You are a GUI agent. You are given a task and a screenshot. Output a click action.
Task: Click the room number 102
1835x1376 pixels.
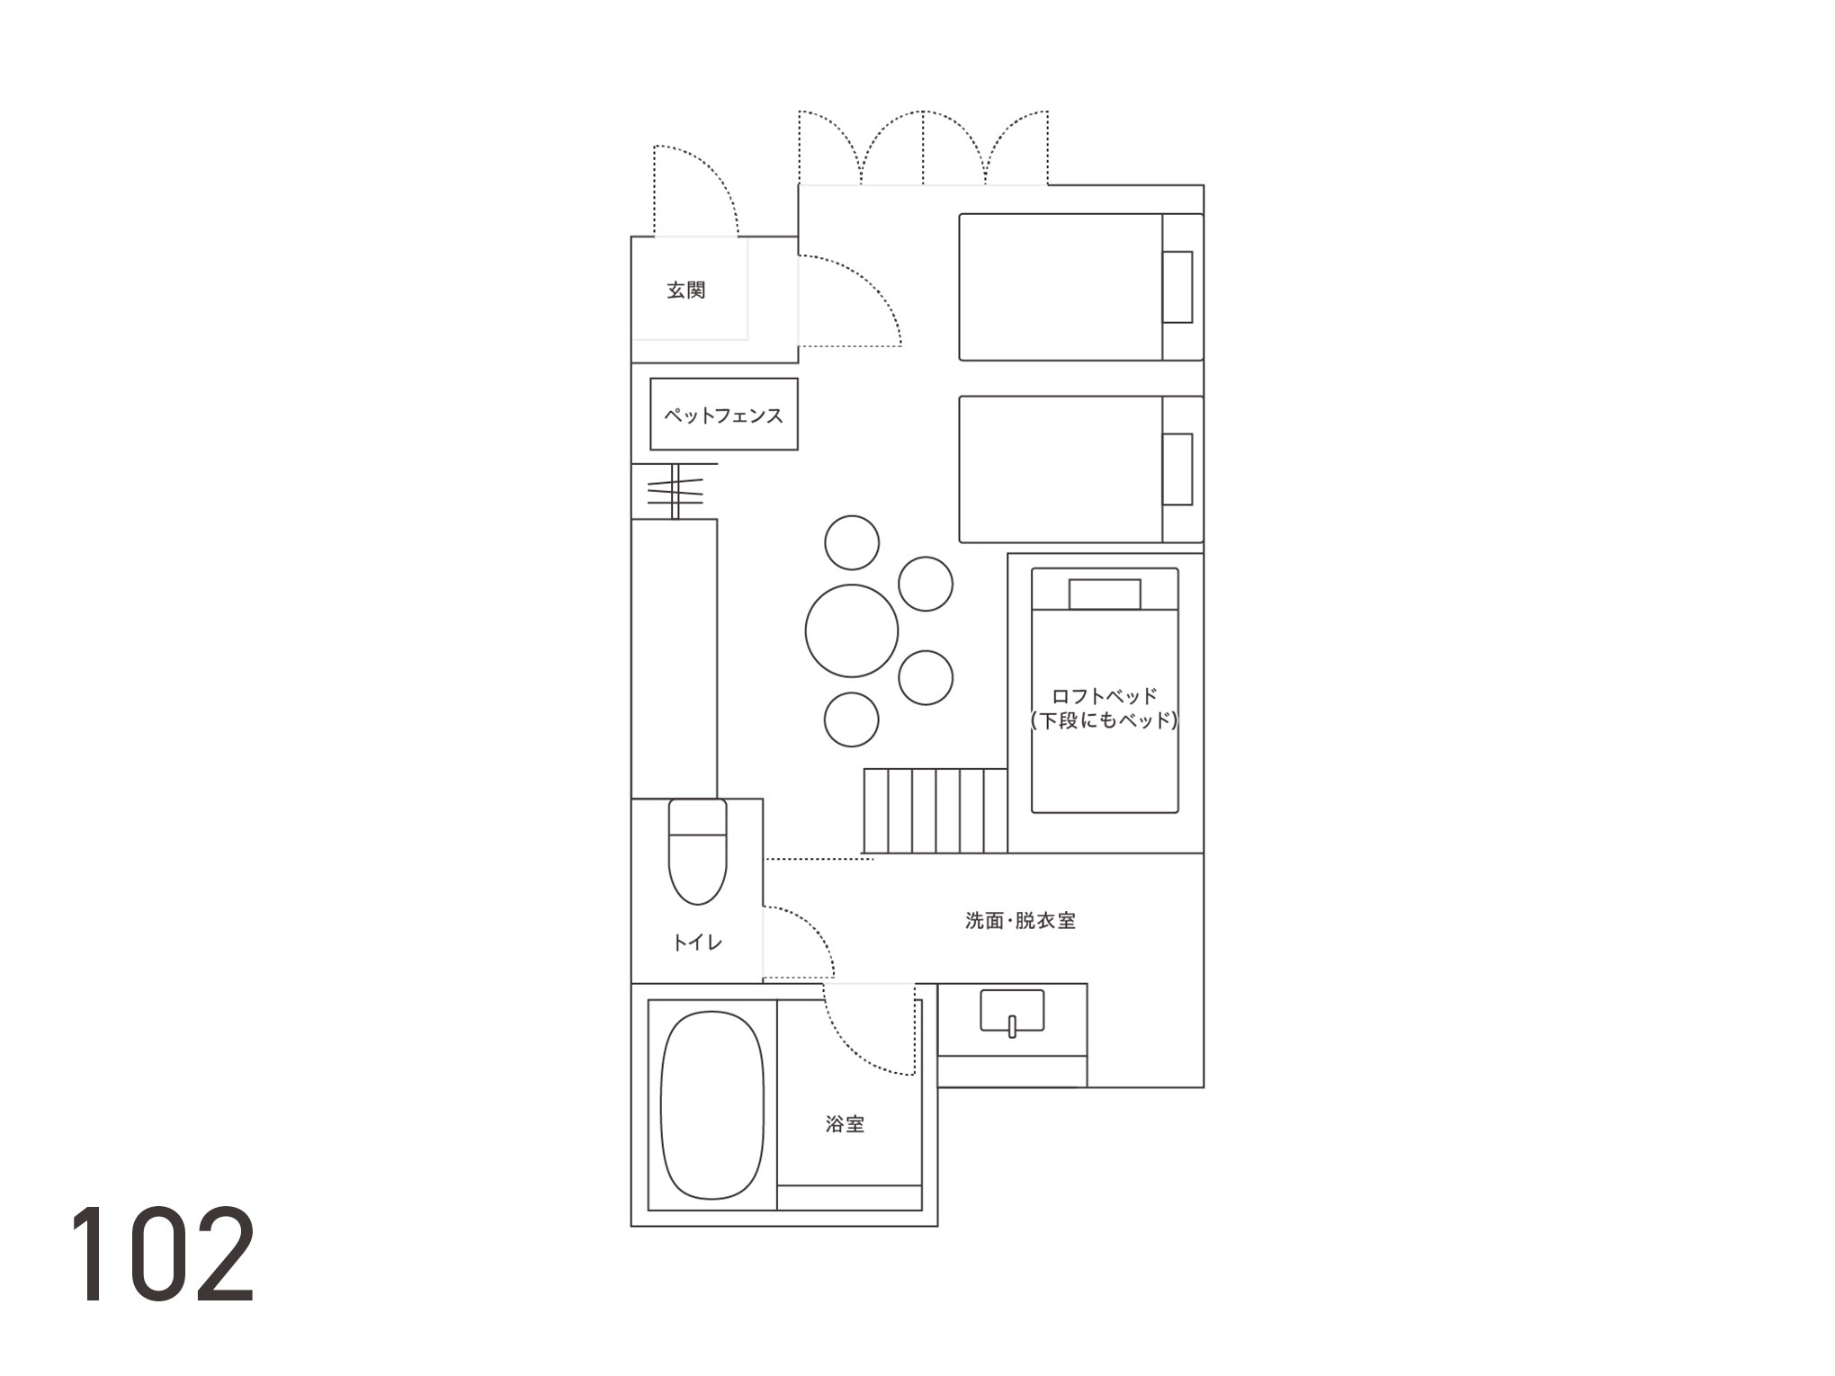point(163,1255)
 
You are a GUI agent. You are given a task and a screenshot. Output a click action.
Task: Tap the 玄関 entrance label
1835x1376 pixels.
point(686,290)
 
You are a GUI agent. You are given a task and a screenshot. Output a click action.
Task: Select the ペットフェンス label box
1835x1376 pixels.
point(724,415)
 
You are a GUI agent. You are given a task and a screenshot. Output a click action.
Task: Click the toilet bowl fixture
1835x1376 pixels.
point(697,852)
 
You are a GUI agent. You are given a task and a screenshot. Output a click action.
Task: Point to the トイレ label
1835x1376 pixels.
point(697,943)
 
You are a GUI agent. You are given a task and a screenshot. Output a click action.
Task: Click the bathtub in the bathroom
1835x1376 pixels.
point(712,1105)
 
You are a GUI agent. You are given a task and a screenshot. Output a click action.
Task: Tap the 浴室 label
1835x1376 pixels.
point(845,1124)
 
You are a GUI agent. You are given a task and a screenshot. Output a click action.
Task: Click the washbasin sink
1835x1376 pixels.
point(1012,1013)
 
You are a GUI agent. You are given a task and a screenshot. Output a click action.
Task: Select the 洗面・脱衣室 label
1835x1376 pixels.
point(1020,921)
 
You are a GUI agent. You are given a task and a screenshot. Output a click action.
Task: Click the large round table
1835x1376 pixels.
point(852,630)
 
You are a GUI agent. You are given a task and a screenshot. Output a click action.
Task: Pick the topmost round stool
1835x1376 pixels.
point(852,542)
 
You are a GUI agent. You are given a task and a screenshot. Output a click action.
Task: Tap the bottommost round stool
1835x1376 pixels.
point(852,719)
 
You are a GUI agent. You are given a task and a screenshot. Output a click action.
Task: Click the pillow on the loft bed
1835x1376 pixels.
point(1105,594)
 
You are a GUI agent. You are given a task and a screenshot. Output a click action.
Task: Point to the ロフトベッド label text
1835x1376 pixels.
point(1105,696)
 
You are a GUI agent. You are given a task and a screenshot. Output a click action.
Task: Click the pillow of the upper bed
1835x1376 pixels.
point(1177,287)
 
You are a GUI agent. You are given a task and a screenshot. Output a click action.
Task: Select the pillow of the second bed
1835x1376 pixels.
point(1177,469)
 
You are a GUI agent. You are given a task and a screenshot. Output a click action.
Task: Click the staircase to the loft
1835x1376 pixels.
point(935,810)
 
